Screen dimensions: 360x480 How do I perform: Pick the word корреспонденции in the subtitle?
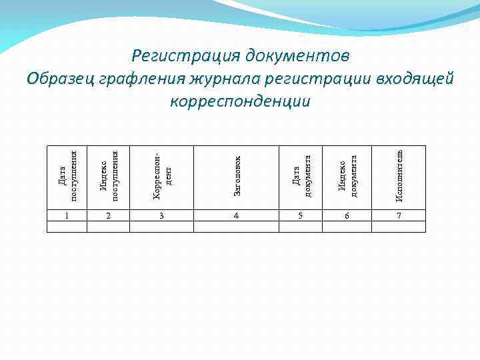pos(240,101)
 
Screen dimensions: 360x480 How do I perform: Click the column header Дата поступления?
pos(67,177)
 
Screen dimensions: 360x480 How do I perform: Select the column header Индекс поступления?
pos(108,177)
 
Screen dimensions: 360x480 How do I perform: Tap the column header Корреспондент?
pos(161,177)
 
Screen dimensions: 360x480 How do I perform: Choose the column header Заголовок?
pos(237,177)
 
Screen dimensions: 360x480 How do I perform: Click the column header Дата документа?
pos(301,177)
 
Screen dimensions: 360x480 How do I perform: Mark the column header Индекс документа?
pos(347,177)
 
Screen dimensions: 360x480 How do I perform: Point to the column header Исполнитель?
pos(399,177)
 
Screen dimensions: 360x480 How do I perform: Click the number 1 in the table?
pos(67,216)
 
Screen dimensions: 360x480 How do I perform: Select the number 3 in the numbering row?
pos(161,216)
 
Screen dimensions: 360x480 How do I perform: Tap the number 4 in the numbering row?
pos(236,216)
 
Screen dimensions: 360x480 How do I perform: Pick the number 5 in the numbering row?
pos(301,216)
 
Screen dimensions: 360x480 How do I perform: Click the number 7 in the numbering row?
pos(399,216)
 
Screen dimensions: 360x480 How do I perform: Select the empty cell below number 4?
pos(236,227)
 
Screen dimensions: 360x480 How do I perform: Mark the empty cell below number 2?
pos(108,227)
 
